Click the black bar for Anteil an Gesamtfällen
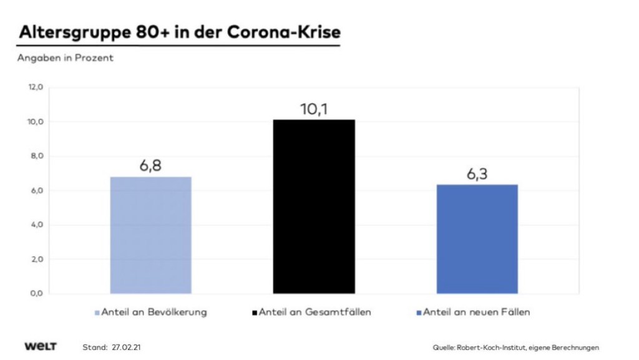click(x=314, y=206)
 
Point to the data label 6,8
click(x=150, y=167)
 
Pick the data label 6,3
click(x=477, y=175)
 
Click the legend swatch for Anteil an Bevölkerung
click(x=97, y=312)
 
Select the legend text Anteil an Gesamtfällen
click(x=315, y=312)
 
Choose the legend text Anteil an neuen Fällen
click(x=476, y=312)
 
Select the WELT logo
click(x=41, y=346)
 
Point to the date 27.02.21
click(x=131, y=347)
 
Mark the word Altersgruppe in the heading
click(x=71, y=32)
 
